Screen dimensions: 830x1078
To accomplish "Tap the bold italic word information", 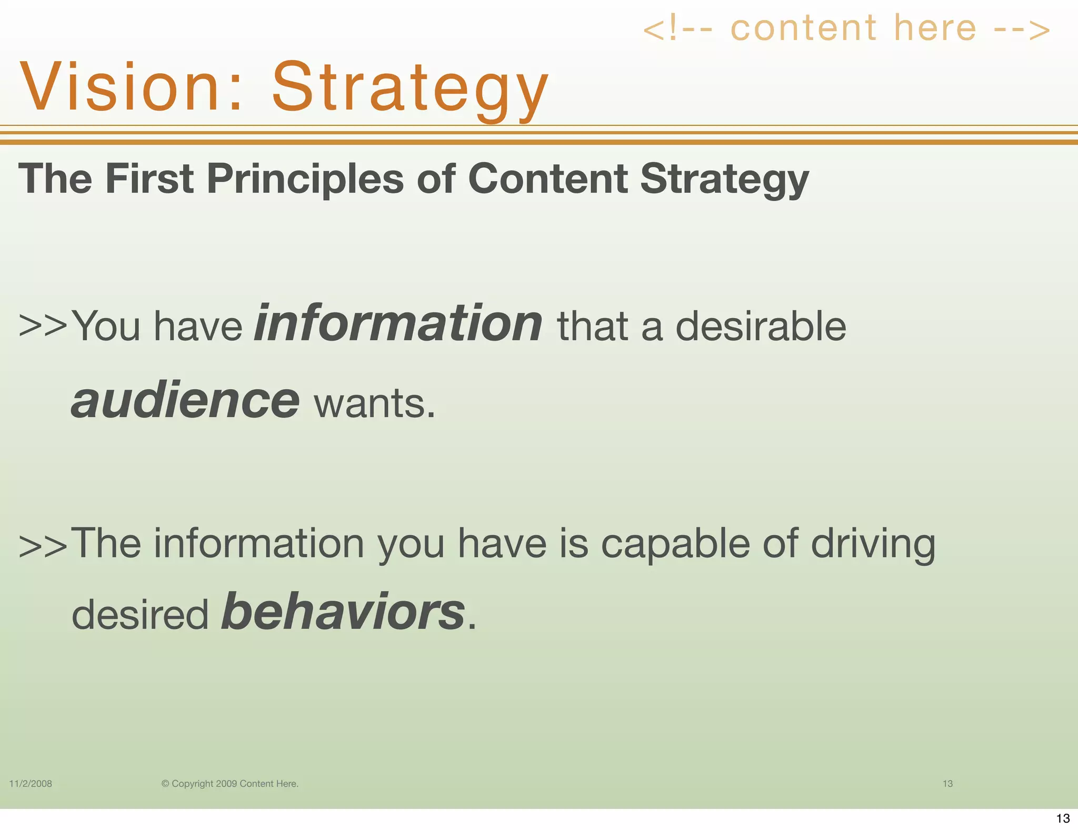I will pos(398,323).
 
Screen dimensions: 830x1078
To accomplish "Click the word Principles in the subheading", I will pos(305,179).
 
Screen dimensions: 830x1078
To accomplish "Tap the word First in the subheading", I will pos(149,179).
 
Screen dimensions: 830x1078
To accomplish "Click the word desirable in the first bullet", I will pos(760,326).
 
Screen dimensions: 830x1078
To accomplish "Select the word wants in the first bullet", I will pos(375,404).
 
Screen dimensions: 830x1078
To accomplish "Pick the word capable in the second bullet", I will pos(675,544).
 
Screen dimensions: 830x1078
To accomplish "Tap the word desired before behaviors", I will pos(140,615).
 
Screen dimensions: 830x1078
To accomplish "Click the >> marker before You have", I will pos(43,326).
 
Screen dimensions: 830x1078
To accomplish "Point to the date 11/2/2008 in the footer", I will pos(31,784).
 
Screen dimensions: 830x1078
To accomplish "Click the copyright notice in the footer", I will pos(229,784).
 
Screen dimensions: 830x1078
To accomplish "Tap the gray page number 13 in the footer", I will pos(947,784).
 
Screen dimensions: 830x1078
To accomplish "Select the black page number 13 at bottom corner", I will pos(1063,818).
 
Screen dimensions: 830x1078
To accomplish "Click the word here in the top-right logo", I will pos(935,28).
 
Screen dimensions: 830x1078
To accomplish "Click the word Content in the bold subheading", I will pos(547,179).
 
